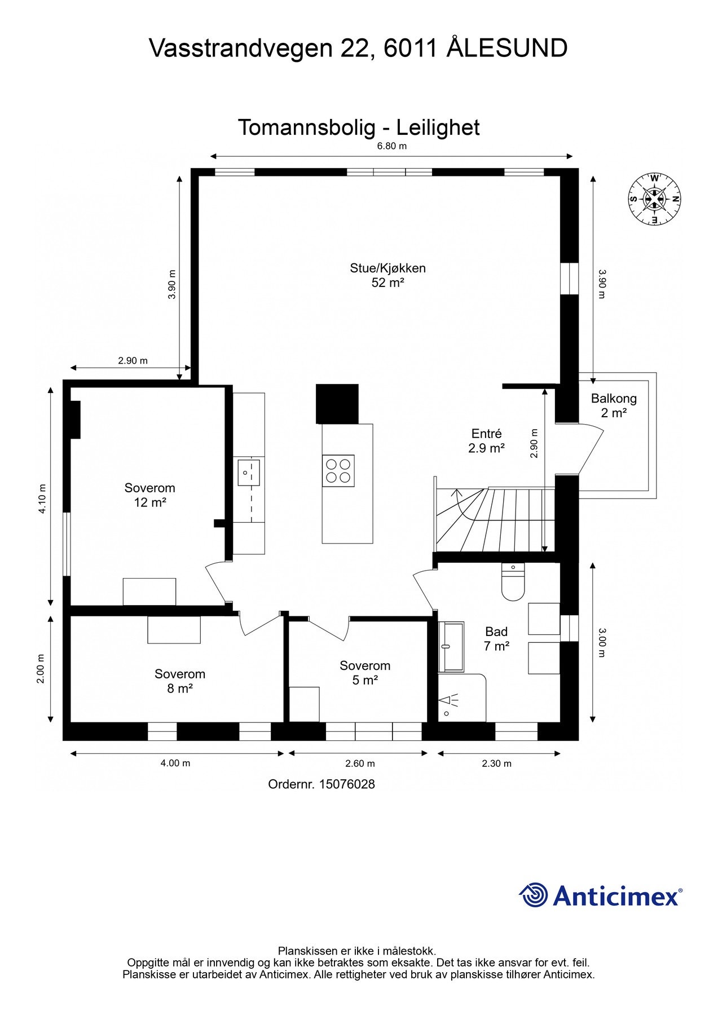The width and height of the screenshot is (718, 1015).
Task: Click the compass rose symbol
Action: coord(655,198)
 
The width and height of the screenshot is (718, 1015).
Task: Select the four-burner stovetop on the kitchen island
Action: coord(338,471)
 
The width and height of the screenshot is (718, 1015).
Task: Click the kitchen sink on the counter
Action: coord(249,473)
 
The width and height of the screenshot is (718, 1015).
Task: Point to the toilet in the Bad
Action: coord(513,581)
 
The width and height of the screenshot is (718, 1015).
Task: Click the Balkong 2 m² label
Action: coord(614,405)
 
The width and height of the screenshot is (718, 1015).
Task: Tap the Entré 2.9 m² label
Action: coord(486,441)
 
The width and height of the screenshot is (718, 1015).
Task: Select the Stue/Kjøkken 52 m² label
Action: coord(387,275)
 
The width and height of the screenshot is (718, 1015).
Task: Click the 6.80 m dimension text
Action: coord(392,146)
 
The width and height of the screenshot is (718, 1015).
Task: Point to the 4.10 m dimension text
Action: coord(42,499)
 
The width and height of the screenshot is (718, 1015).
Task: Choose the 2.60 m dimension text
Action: coord(360,764)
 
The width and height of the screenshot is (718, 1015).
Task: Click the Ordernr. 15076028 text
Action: coord(321,784)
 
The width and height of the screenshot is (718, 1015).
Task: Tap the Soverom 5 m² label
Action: coord(365,673)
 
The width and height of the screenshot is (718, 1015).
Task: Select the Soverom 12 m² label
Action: coord(149,495)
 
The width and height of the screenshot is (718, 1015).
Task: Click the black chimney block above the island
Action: coord(337,404)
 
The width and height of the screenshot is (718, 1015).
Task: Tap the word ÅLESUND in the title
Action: coord(507,48)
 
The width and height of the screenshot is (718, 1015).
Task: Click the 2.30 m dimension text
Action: coord(496,764)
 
